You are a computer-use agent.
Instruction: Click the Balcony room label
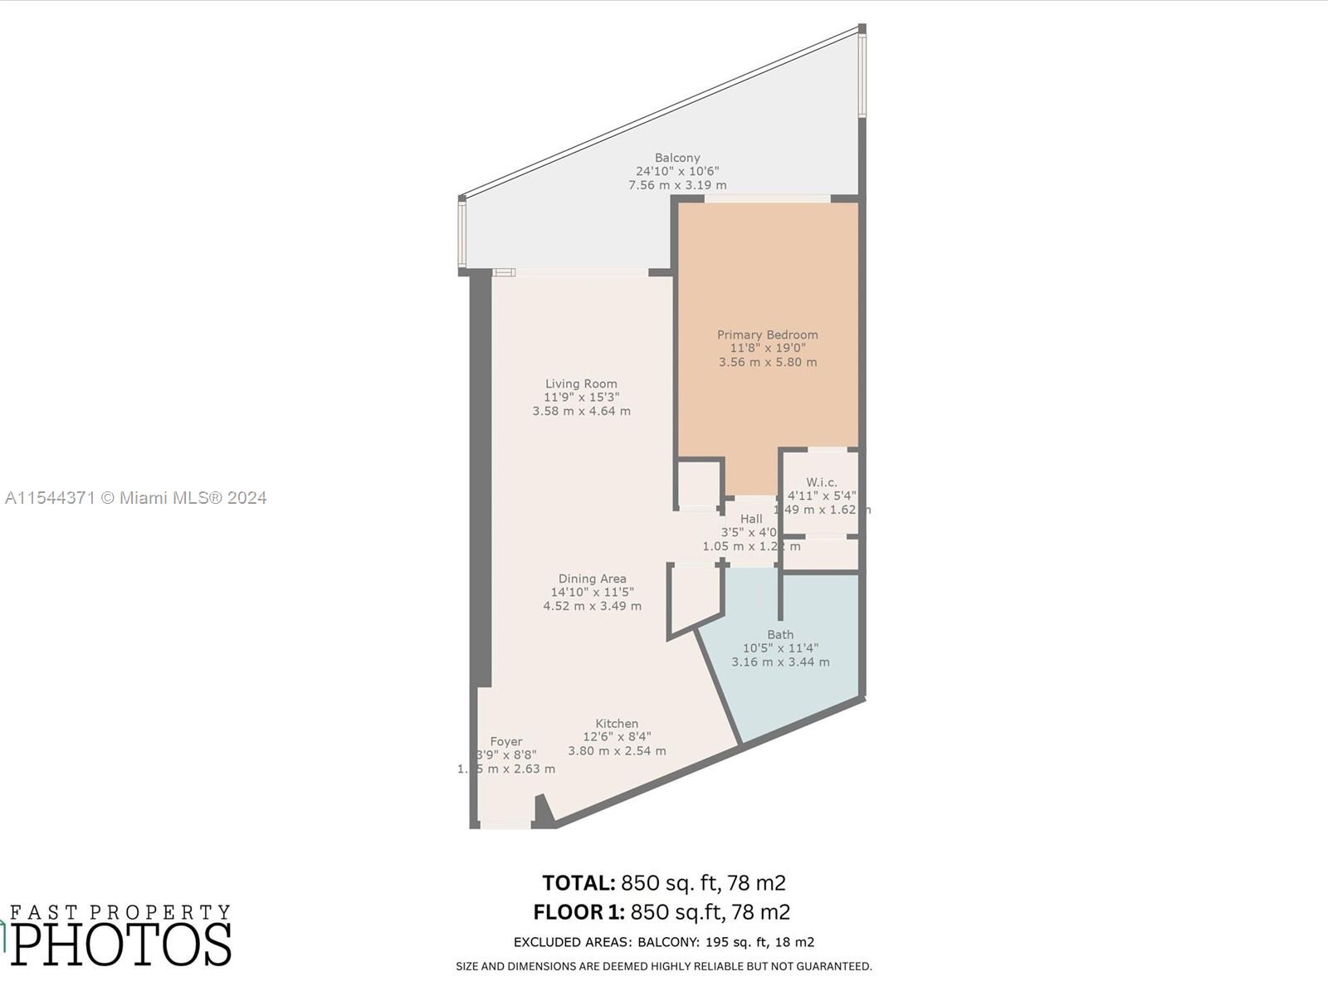(677, 158)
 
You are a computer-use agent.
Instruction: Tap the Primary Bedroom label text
(768, 334)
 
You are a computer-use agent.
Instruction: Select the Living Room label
(581, 383)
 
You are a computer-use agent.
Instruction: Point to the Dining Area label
(592, 579)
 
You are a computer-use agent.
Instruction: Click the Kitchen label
(617, 723)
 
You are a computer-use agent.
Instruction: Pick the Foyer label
(506, 741)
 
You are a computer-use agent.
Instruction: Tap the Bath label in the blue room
(780, 634)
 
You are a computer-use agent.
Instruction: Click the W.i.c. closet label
(822, 482)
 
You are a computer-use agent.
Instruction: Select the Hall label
(751, 519)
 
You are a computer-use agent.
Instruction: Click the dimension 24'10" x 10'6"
(677, 171)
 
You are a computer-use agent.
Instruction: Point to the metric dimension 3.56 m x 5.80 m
(768, 362)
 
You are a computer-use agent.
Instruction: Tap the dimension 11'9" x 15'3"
(581, 398)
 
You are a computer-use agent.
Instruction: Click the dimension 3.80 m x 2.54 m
(617, 751)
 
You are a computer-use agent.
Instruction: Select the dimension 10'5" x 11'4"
(780, 648)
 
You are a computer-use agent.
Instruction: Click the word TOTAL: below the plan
(579, 882)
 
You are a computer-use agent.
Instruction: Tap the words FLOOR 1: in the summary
(579, 912)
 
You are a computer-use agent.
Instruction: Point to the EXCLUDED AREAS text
(573, 942)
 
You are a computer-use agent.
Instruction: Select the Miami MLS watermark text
(136, 498)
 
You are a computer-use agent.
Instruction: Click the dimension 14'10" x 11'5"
(592, 593)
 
